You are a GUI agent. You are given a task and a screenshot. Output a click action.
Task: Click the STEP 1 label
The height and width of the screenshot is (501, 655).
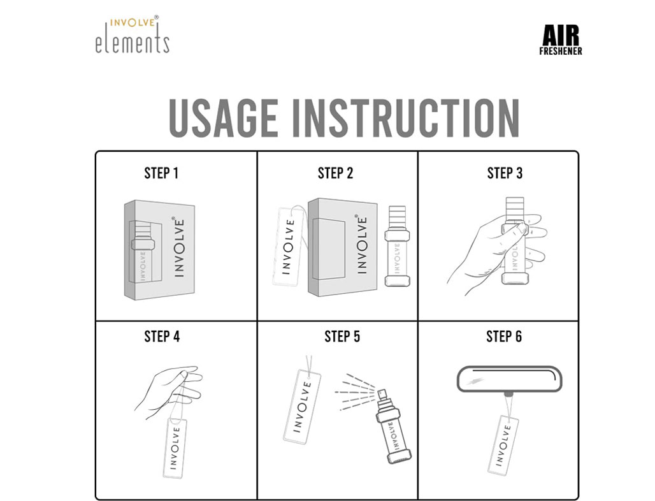[161, 173]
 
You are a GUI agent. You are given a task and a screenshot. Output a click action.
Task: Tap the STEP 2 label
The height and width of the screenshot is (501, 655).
[335, 173]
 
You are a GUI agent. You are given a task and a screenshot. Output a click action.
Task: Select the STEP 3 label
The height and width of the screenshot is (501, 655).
[505, 173]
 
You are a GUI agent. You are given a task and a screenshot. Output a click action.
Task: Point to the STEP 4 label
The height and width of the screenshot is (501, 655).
[162, 337]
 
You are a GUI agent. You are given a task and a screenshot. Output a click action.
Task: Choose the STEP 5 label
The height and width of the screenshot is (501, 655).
[342, 337]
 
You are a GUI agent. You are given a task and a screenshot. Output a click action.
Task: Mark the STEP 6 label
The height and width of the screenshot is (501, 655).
[504, 337]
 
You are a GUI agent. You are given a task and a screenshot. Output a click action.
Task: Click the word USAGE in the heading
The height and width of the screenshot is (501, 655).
[224, 118]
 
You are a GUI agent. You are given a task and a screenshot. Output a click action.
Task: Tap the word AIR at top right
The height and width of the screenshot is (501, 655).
[561, 36]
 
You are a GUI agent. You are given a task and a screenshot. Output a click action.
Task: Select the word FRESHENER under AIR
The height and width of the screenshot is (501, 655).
[561, 51]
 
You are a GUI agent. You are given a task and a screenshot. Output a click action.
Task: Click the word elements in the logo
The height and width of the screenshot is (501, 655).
[133, 43]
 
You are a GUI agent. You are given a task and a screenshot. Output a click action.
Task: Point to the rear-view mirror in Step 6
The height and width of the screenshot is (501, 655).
[510, 379]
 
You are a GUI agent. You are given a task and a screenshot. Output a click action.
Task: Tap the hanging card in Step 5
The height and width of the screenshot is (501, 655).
[301, 405]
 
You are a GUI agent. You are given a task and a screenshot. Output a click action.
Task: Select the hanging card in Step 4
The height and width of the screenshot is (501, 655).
[175, 448]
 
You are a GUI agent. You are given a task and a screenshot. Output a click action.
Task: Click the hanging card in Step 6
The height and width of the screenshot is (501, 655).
[503, 445]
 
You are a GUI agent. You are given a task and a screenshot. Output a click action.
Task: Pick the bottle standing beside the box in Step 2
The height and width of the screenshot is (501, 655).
[397, 246]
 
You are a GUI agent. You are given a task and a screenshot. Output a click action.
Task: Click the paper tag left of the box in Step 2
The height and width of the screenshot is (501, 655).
[288, 247]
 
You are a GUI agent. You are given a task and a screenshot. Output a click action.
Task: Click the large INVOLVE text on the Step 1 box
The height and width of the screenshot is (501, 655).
[179, 247]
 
